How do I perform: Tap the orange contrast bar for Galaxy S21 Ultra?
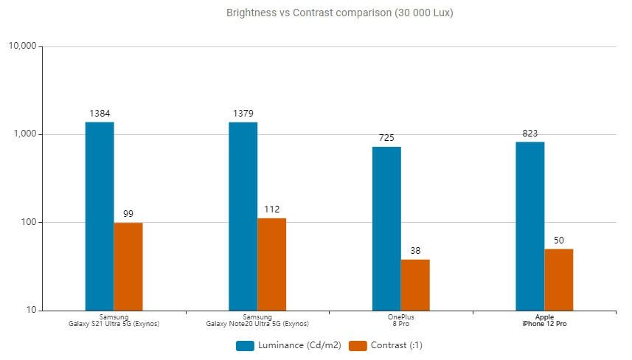click(x=128, y=266)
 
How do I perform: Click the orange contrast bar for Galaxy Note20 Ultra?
click(x=272, y=263)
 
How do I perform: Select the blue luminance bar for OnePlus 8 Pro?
click(x=386, y=228)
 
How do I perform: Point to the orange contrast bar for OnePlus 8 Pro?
click(x=415, y=284)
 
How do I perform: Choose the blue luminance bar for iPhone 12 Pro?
click(x=530, y=225)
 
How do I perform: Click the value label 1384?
click(x=100, y=114)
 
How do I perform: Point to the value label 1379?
click(x=243, y=114)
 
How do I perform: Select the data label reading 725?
click(x=386, y=139)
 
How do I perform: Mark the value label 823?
click(x=530, y=134)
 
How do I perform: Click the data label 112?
click(x=272, y=210)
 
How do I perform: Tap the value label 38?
click(x=415, y=251)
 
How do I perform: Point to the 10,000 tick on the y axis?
click(x=21, y=46)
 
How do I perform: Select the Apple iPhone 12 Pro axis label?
click(x=544, y=320)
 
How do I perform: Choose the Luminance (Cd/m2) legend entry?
click(x=288, y=345)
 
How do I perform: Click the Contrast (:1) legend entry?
click(x=386, y=345)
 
